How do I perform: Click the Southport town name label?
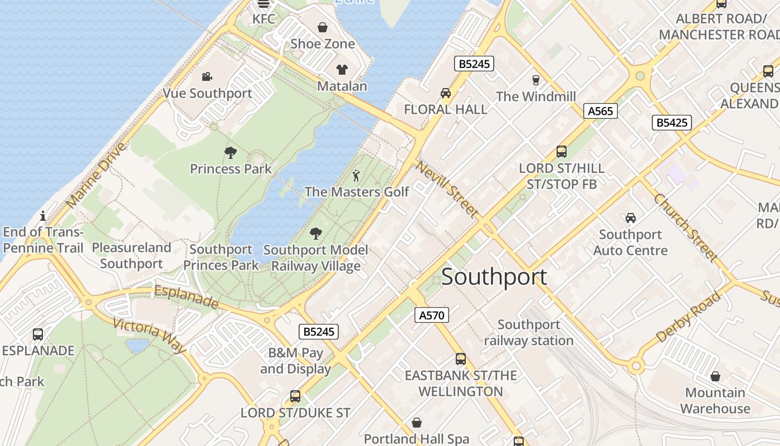pyautogui.click(x=494, y=277)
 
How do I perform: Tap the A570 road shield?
pyautogui.click(x=431, y=315)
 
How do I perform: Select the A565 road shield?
pyautogui.click(x=600, y=111)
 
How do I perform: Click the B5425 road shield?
pyautogui.click(x=671, y=123)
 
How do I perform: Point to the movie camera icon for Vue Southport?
pyautogui.click(x=207, y=76)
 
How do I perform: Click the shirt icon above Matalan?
pyautogui.click(x=342, y=70)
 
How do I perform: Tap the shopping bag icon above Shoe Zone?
pyautogui.click(x=322, y=27)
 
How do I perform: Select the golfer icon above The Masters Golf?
pyautogui.click(x=357, y=176)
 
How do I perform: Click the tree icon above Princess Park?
pyautogui.click(x=230, y=152)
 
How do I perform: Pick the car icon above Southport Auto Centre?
pyautogui.click(x=630, y=217)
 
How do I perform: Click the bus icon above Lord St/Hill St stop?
pyautogui.click(x=561, y=152)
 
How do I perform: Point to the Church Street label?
pyautogui.click(x=685, y=227)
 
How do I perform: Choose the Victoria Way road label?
pyautogui.click(x=149, y=335)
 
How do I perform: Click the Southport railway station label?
pyautogui.click(x=528, y=332)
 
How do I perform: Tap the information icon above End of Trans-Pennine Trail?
pyautogui.click(x=43, y=216)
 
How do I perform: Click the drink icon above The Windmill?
pyautogui.click(x=535, y=80)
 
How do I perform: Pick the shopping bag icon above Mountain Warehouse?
pyautogui.click(x=715, y=376)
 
